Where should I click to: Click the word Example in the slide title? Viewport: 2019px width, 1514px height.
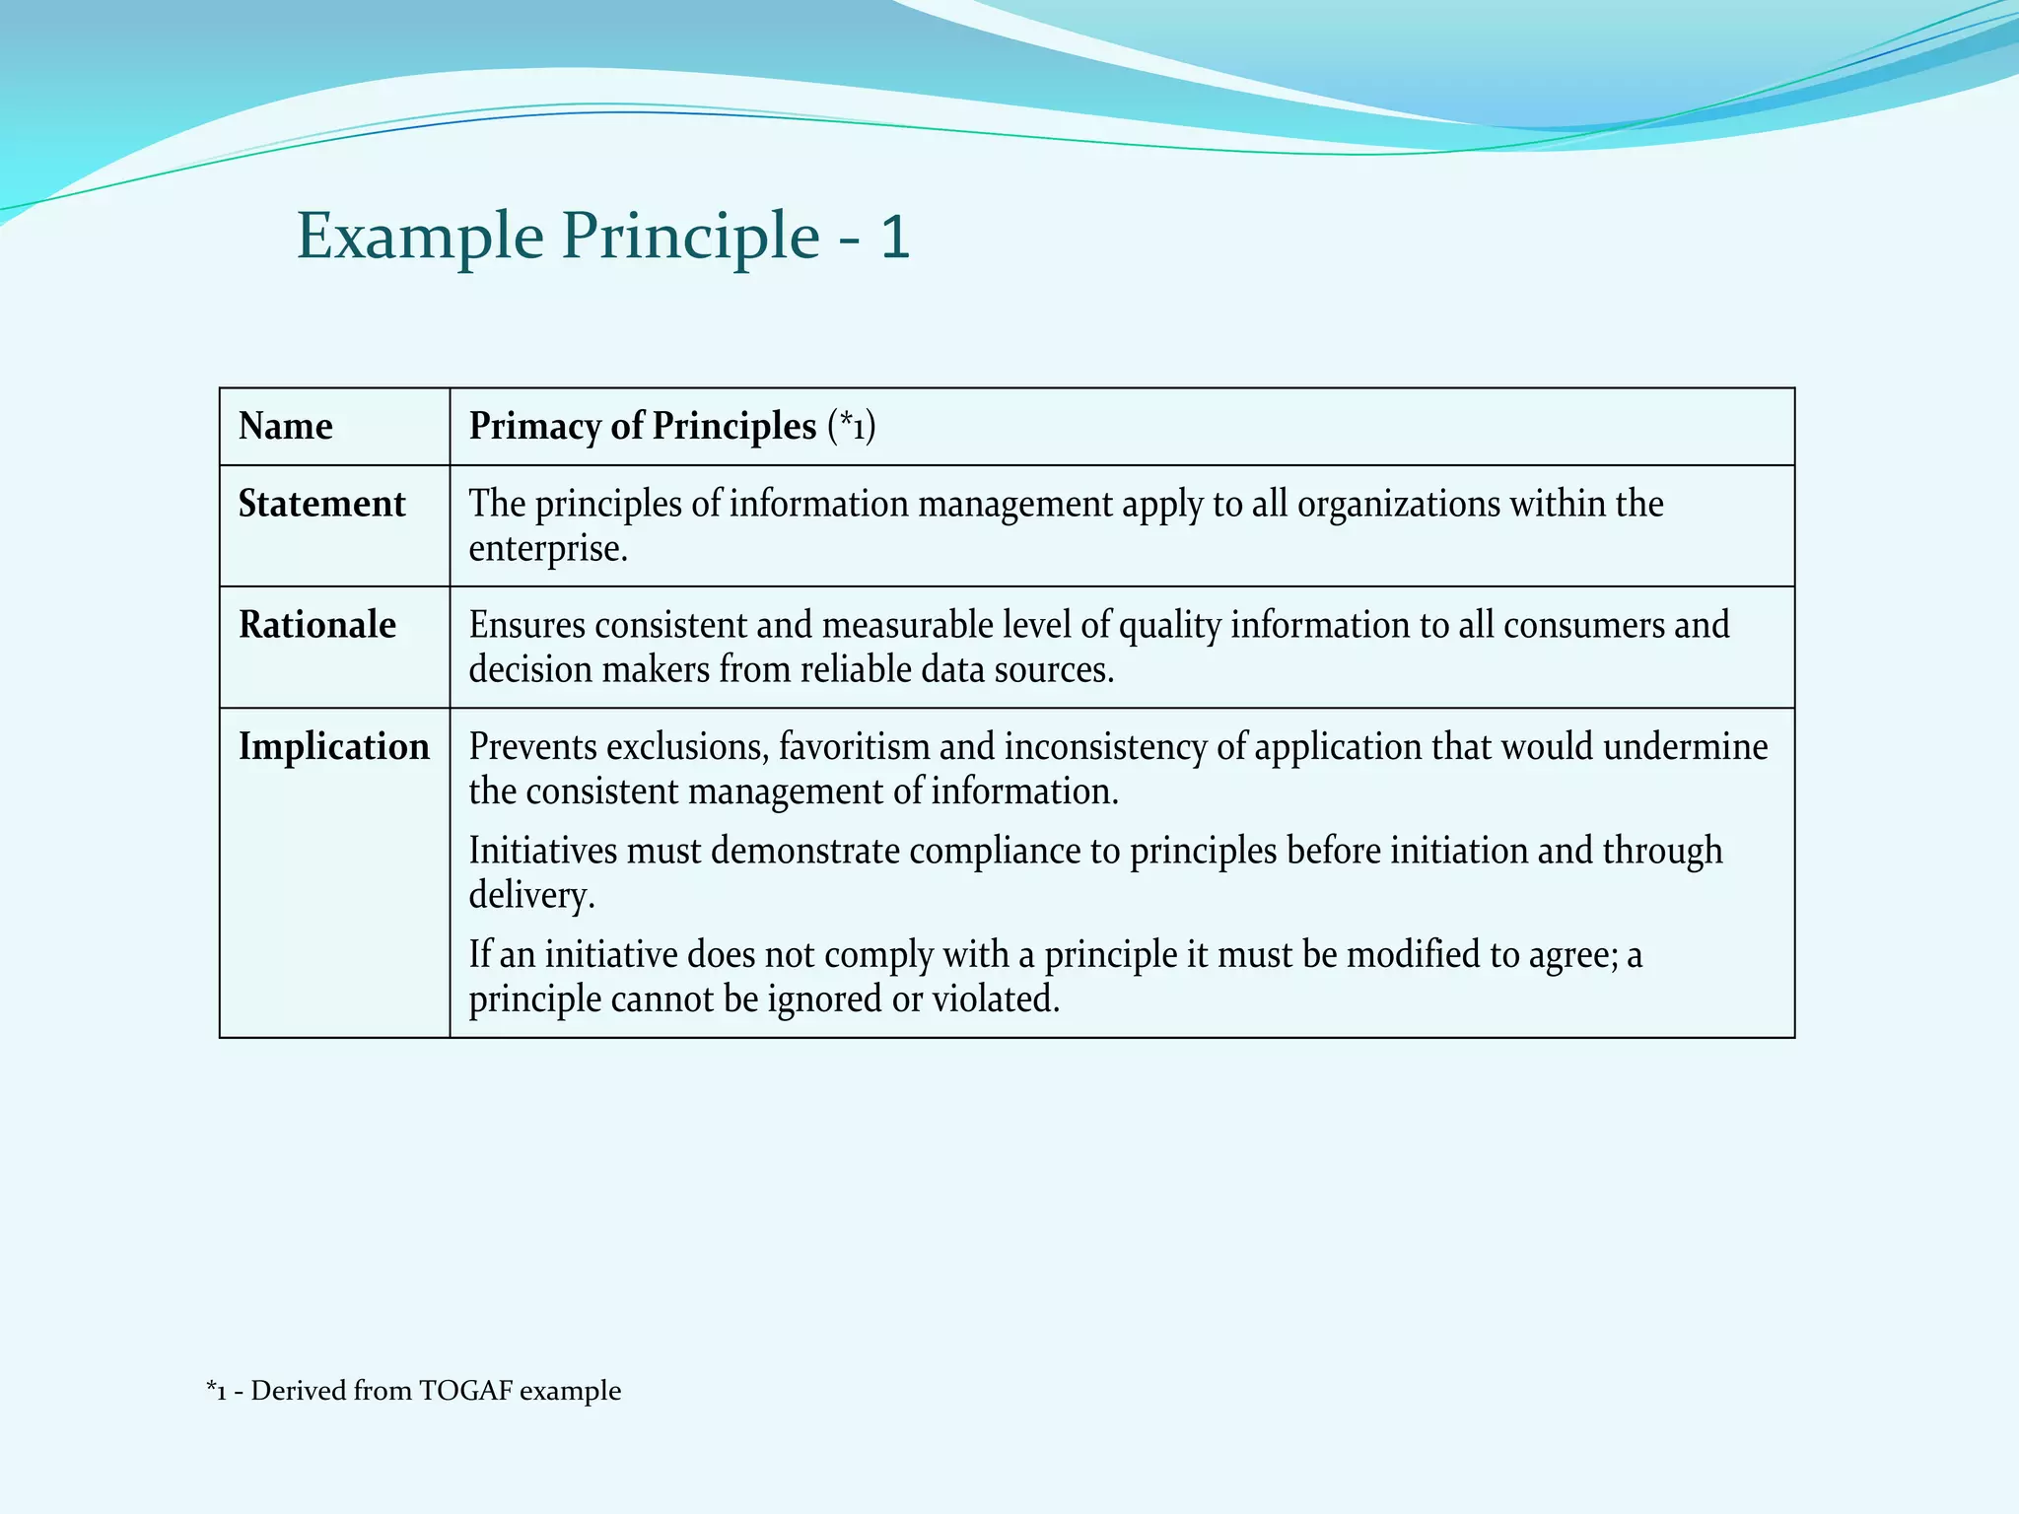tap(420, 238)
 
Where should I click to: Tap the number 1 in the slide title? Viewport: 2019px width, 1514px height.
tap(894, 238)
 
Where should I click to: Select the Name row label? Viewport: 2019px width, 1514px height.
tap(286, 426)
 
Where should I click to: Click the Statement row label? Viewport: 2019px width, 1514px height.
tap(321, 504)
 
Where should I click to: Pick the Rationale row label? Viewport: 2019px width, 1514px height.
tap(317, 625)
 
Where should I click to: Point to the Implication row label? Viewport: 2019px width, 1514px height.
tap(334, 746)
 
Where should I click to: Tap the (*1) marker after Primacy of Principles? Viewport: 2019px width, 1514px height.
tap(852, 426)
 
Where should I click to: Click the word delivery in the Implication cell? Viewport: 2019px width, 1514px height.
tap(530, 896)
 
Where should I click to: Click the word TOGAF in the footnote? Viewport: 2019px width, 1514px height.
tap(465, 1391)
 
